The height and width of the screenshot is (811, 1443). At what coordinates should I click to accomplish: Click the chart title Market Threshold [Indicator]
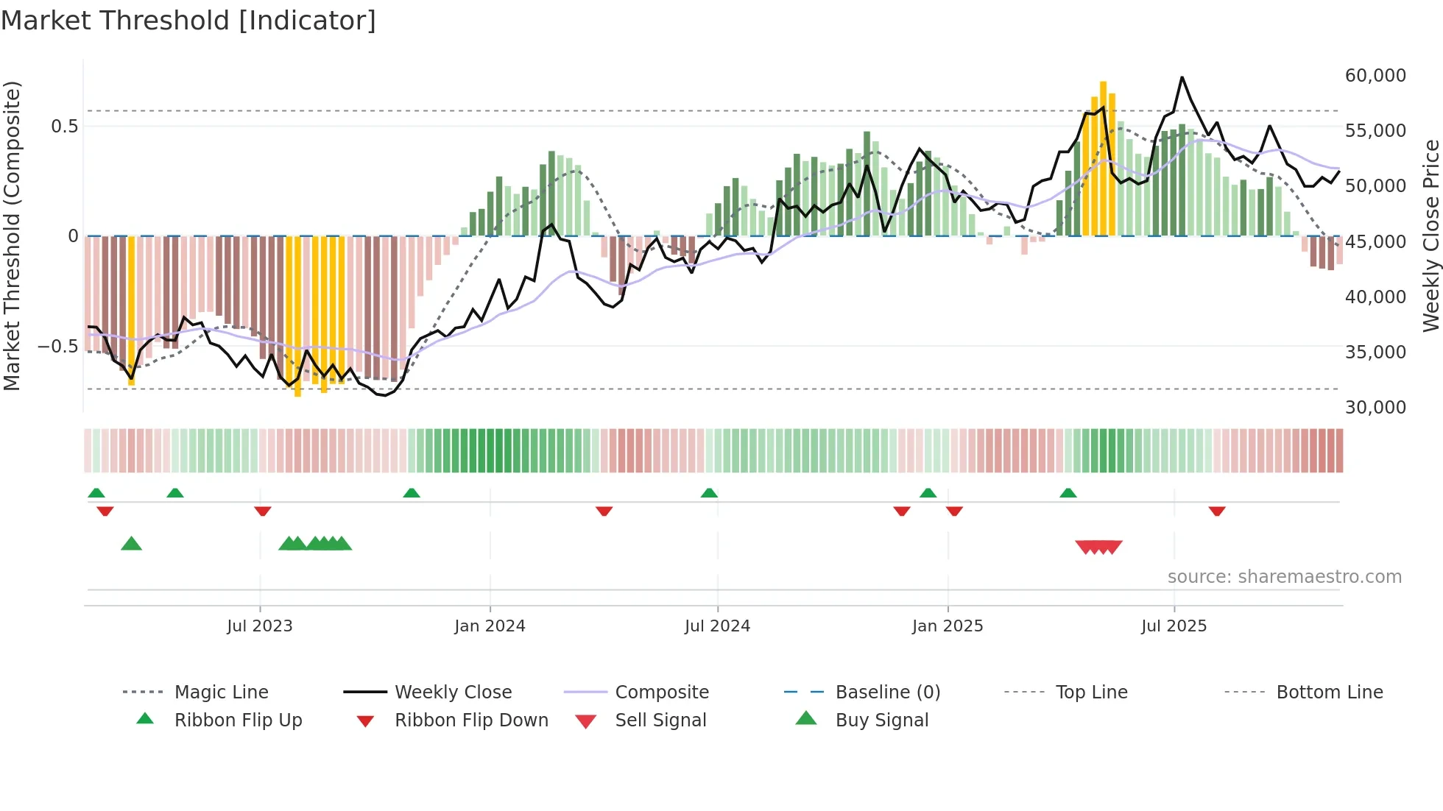pyautogui.click(x=188, y=21)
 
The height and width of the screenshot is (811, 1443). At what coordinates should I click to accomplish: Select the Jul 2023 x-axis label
pyautogui.click(x=259, y=626)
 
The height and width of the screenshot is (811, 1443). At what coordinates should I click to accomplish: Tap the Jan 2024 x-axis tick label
pyautogui.click(x=490, y=626)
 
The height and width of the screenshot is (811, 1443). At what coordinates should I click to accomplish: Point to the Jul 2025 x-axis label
pyautogui.click(x=1174, y=626)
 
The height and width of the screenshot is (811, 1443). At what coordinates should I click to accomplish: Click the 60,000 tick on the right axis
pyautogui.click(x=1375, y=76)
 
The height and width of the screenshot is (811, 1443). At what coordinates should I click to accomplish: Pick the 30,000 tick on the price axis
pyautogui.click(x=1375, y=408)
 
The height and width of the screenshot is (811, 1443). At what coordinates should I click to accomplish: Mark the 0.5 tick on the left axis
pyautogui.click(x=64, y=127)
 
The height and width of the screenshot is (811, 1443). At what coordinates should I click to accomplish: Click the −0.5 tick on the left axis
pyautogui.click(x=58, y=346)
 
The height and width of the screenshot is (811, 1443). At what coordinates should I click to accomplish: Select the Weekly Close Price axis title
pyautogui.click(x=1430, y=235)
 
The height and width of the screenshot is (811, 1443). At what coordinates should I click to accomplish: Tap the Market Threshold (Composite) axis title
pyautogui.click(x=12, y=235)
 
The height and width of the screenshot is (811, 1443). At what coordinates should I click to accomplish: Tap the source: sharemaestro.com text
pyautogui.click(x=1284, y=577)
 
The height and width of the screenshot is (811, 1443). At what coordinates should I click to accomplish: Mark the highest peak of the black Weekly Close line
pyautogui.click(x=1182, y=77)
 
